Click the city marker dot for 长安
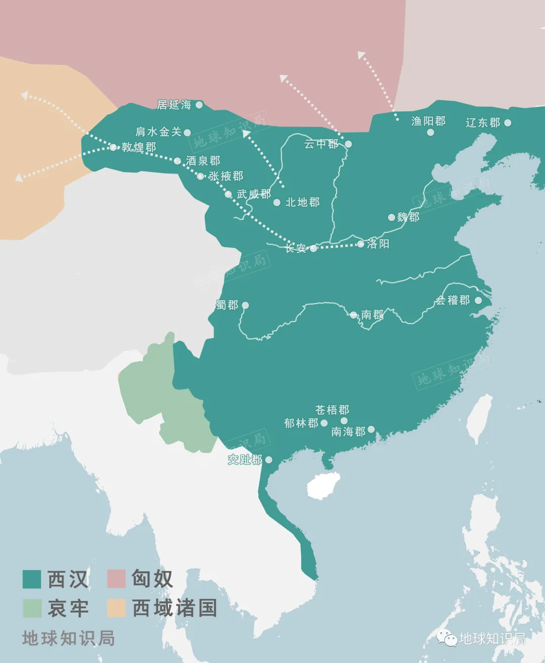pos(313,249)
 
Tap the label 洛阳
pos(378,244)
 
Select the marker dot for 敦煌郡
pos(113,147)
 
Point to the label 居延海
pos(174,105)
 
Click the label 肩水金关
pos(158,132)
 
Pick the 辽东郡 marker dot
pos(508,123)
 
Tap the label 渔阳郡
pos(428,122)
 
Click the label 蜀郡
pos(227,305)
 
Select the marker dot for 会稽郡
pos(478,301)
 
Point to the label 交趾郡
pos(245,459)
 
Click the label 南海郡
pos(348,432)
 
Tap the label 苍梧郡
pos(332,410)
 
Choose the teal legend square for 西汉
pos(31,579)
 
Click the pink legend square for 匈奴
pos(116,579)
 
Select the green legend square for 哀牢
pos(31,608)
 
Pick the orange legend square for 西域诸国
pos(116,608)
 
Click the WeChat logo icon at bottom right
pos(447,638)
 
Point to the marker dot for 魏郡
pos(391,217)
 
